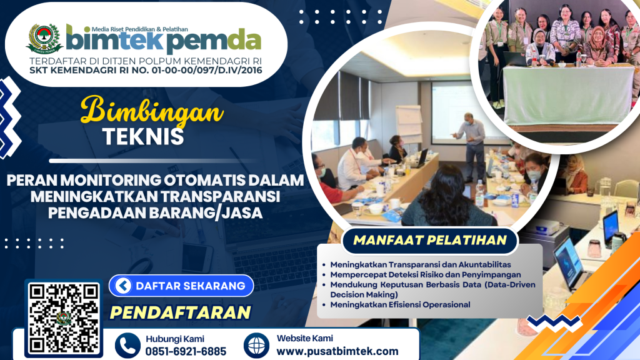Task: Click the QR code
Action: tap(64, 318)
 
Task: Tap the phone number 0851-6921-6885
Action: tap(186, 351)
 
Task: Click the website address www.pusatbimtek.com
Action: tap(337, 351)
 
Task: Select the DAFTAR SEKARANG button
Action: tap(181, 286)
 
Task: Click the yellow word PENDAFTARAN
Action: tap(181, 312)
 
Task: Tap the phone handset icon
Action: tap(127, 346)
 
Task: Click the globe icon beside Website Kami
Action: tap(256, 345)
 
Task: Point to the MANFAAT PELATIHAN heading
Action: tap(430, 240)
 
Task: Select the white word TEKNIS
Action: tap(143, 137)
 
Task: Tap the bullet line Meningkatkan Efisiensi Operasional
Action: tap(400, 304)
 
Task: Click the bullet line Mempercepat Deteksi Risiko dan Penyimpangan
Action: tap(425, 275)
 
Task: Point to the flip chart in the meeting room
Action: tap(409, 124)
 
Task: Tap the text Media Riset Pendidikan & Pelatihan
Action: tap(139, 29)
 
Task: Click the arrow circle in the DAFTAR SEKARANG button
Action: tap(123, 286)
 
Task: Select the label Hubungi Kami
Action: tap(175, 339)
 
